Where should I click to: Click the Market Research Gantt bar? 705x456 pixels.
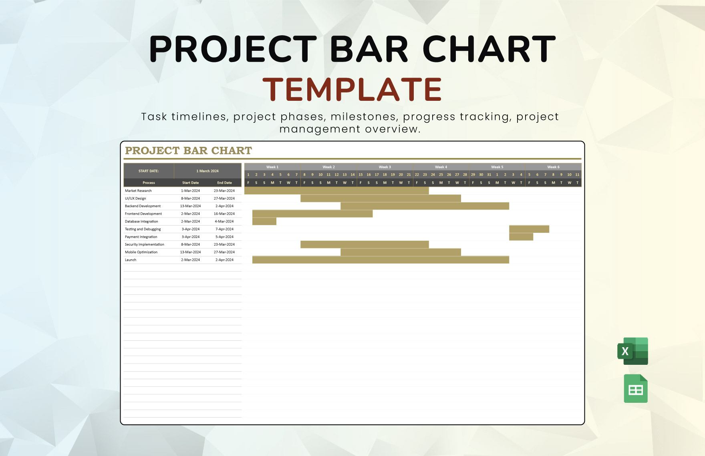coord(336,191)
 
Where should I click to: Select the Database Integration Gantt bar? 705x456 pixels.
coord(264,222)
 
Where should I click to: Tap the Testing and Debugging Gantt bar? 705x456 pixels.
coord(529,229)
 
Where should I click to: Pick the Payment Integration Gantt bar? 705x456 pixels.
coord(521,237)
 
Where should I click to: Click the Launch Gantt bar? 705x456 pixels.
coord(381,260)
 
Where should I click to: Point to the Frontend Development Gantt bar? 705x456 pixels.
coord(312,214)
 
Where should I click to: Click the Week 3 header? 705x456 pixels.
coord(385,167)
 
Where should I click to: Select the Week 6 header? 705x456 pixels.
coord(553,167)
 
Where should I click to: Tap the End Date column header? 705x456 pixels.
coord(224,183)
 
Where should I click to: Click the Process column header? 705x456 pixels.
coord(149,183)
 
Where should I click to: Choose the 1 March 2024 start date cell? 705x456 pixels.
coord(207,171)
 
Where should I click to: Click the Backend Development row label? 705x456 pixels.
coord(143,206)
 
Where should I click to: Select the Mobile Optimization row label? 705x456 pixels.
coord(141,252)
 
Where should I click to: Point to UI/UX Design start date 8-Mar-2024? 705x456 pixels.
coord(190,198)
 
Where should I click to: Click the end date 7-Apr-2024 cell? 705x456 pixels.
coord(224,229)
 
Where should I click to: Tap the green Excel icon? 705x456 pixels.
coord(633,351)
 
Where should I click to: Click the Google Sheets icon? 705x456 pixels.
coord(636,388)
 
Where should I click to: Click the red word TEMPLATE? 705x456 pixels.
coord(352,89)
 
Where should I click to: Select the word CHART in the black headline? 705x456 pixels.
coord(489,49)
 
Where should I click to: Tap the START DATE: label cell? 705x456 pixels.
coord(149,171)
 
